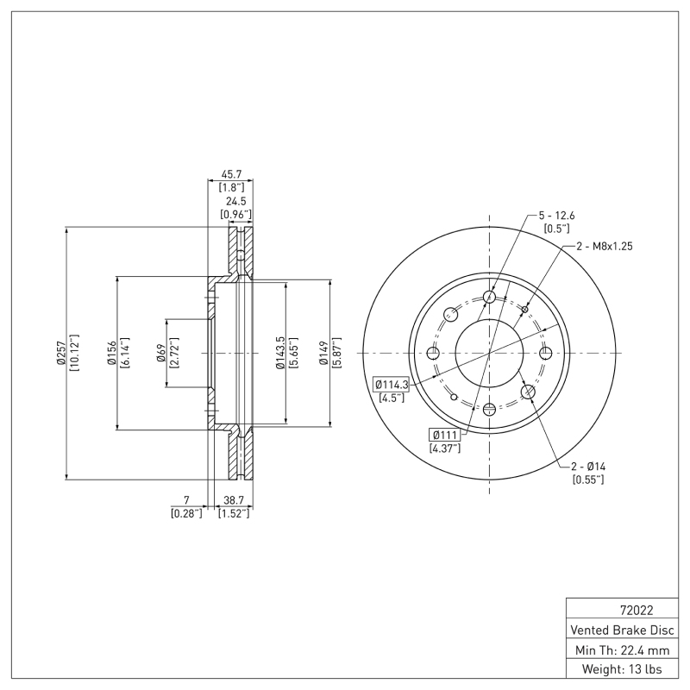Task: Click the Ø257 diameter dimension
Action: pos(61,354)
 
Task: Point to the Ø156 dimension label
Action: pos(113,354)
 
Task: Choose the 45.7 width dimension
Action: pos(229,174)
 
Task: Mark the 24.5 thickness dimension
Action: pos(236,201)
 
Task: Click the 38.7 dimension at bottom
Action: pos(233,500)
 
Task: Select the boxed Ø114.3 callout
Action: pos(391,384)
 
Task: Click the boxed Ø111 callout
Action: pos(444,434)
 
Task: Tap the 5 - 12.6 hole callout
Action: pos(556,216)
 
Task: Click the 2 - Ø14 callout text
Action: pos(588,467)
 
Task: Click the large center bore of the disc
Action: pos(489,353)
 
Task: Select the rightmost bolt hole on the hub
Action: pos(544,353)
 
